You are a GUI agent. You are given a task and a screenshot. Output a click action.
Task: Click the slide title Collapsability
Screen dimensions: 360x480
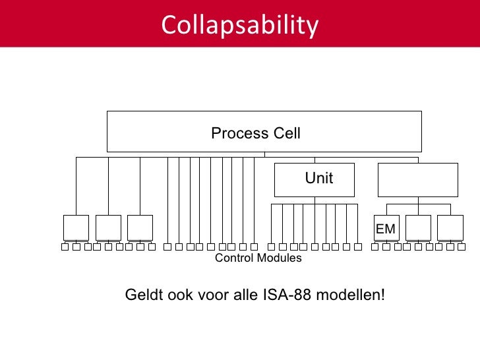pos(240,25)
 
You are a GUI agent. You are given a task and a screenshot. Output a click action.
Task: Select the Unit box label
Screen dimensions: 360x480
pos(318,179)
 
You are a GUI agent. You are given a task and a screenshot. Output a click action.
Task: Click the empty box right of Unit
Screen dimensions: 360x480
pos(417,180)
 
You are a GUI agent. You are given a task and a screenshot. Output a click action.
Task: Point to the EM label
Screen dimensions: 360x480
pos(386,229)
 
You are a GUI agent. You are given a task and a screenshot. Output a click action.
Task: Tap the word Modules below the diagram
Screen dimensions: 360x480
pos(280,258)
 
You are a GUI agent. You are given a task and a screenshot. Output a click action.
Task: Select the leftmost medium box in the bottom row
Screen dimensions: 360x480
pos(76,227)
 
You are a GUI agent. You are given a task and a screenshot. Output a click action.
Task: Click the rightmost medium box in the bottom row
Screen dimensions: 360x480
pos(450,227)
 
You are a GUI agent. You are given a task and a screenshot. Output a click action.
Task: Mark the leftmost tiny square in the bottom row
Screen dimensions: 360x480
pos(65,247)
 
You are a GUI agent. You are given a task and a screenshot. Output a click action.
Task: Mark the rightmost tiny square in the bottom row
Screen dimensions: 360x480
pos(461,247)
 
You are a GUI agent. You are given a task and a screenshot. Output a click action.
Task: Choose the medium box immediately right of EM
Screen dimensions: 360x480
pos(418,227)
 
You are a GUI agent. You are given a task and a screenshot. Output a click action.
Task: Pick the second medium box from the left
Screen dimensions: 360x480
pos(108,227)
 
